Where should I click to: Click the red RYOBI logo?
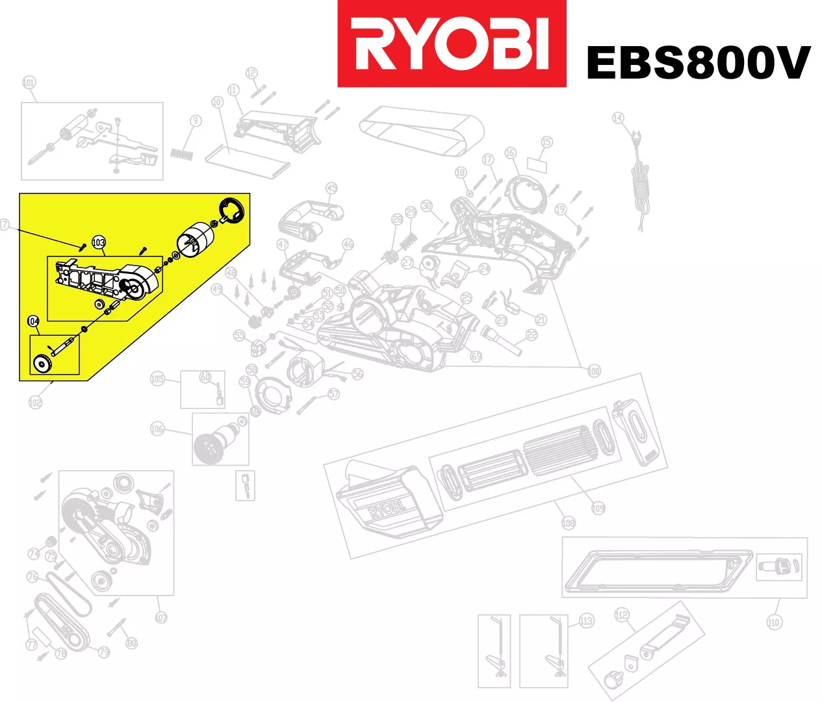pos(452,44)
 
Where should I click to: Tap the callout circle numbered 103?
pos(98,243)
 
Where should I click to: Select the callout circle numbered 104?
pos(34,321)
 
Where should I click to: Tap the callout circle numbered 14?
pos(618,118)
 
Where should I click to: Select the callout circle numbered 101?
pos(29,82)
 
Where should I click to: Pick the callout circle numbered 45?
pos(331,188)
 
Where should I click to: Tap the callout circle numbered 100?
pos(594,371)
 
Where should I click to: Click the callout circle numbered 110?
pos(773,622)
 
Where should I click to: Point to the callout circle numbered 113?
pos(586,621)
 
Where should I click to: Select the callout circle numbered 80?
pos(132,643)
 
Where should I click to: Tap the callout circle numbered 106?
pos(157,429)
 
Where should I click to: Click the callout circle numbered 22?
pos(532,335)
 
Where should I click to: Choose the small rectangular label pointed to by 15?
pos(537,164)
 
